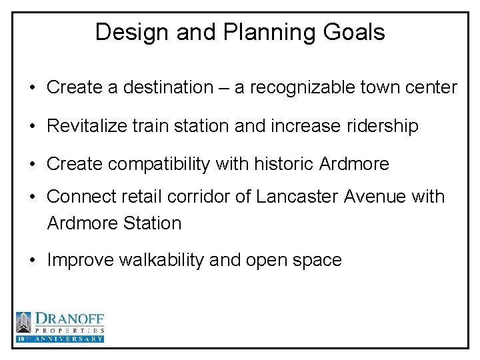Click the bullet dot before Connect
(33, 197)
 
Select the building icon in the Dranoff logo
(24, 323)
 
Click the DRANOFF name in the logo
(69, 319)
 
